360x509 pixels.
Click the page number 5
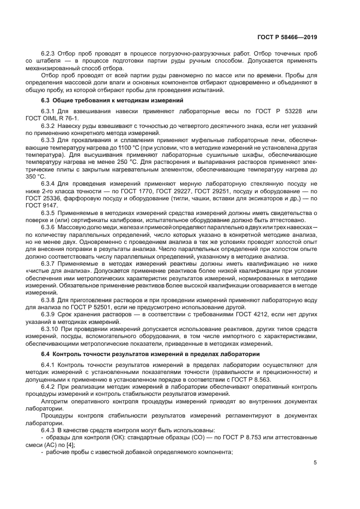point(315,463)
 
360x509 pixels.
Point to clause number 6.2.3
point(50,54)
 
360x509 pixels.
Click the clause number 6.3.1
point(50,111)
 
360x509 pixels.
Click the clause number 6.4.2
point(50,387)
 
